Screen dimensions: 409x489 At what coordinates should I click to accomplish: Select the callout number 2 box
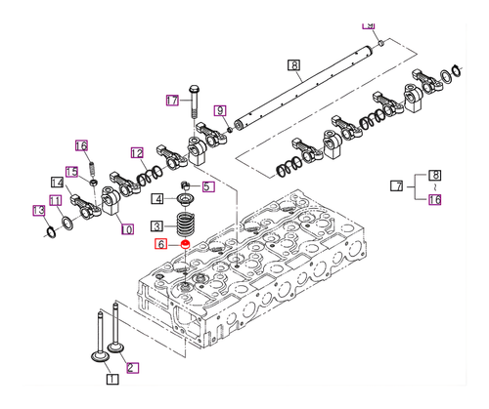pyautogui.click(x=132, y=368)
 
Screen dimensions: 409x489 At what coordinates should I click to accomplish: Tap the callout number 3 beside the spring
pyautogui.click(x=156, y=225)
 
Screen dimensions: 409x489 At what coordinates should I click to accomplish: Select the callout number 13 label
pyautogui.click(x=38, y=211)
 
